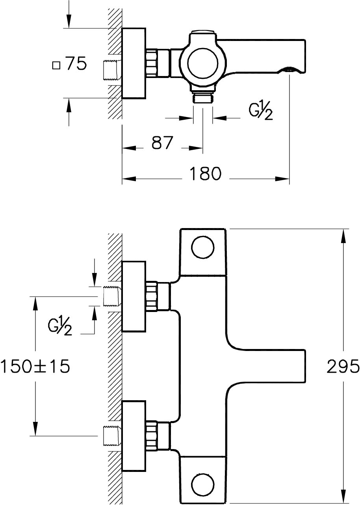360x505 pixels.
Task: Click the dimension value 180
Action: [205, 174]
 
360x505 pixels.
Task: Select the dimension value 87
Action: [162, 143]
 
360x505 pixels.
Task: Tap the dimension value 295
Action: [343, 366]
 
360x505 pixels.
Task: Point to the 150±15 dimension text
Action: [35, 366]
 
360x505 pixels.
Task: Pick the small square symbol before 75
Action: [56, 66]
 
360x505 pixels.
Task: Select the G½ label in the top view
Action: [261, 112]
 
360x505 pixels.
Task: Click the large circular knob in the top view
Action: [203, 64]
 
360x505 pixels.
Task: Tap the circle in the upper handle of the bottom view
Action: [203, 247]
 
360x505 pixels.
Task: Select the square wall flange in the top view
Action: [134, 63]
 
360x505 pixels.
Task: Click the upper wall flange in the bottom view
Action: [134, 297]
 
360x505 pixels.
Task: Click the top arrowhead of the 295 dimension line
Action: [343, 236]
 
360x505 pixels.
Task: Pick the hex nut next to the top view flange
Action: [151, 63]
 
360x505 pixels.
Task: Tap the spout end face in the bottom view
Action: [305, 366]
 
